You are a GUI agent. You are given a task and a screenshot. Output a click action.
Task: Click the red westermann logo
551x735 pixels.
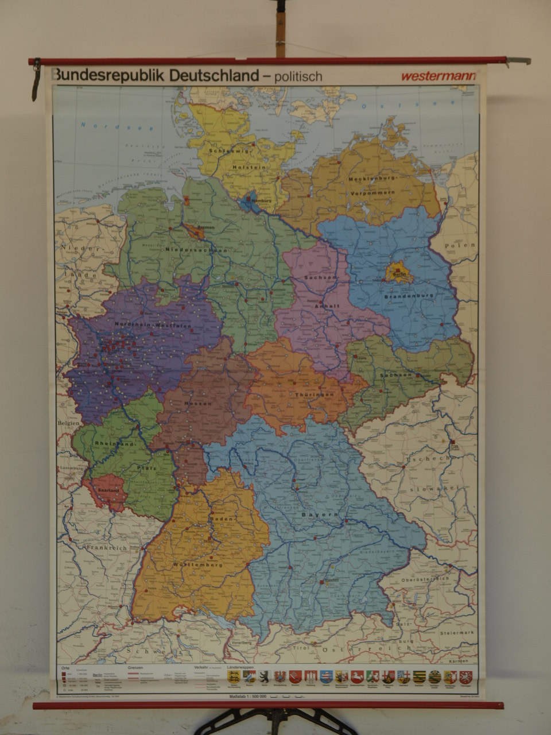[x=438, y=76]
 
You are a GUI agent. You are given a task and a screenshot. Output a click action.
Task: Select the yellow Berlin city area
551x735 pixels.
[x=399, y=272]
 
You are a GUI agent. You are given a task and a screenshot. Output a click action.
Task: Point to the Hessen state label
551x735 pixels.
[x=198, y=404]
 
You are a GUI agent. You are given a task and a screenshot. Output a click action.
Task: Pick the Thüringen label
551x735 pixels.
[x=314, y=395]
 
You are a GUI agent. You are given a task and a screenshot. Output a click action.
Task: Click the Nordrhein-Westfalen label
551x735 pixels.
[x=153, y=325]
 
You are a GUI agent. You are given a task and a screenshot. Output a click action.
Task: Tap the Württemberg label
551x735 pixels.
[x=197, y=566]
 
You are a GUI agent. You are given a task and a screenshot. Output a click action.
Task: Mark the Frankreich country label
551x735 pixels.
[x=106, y=548]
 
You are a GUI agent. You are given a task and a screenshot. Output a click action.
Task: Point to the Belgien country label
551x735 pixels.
[x=68, y=422]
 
